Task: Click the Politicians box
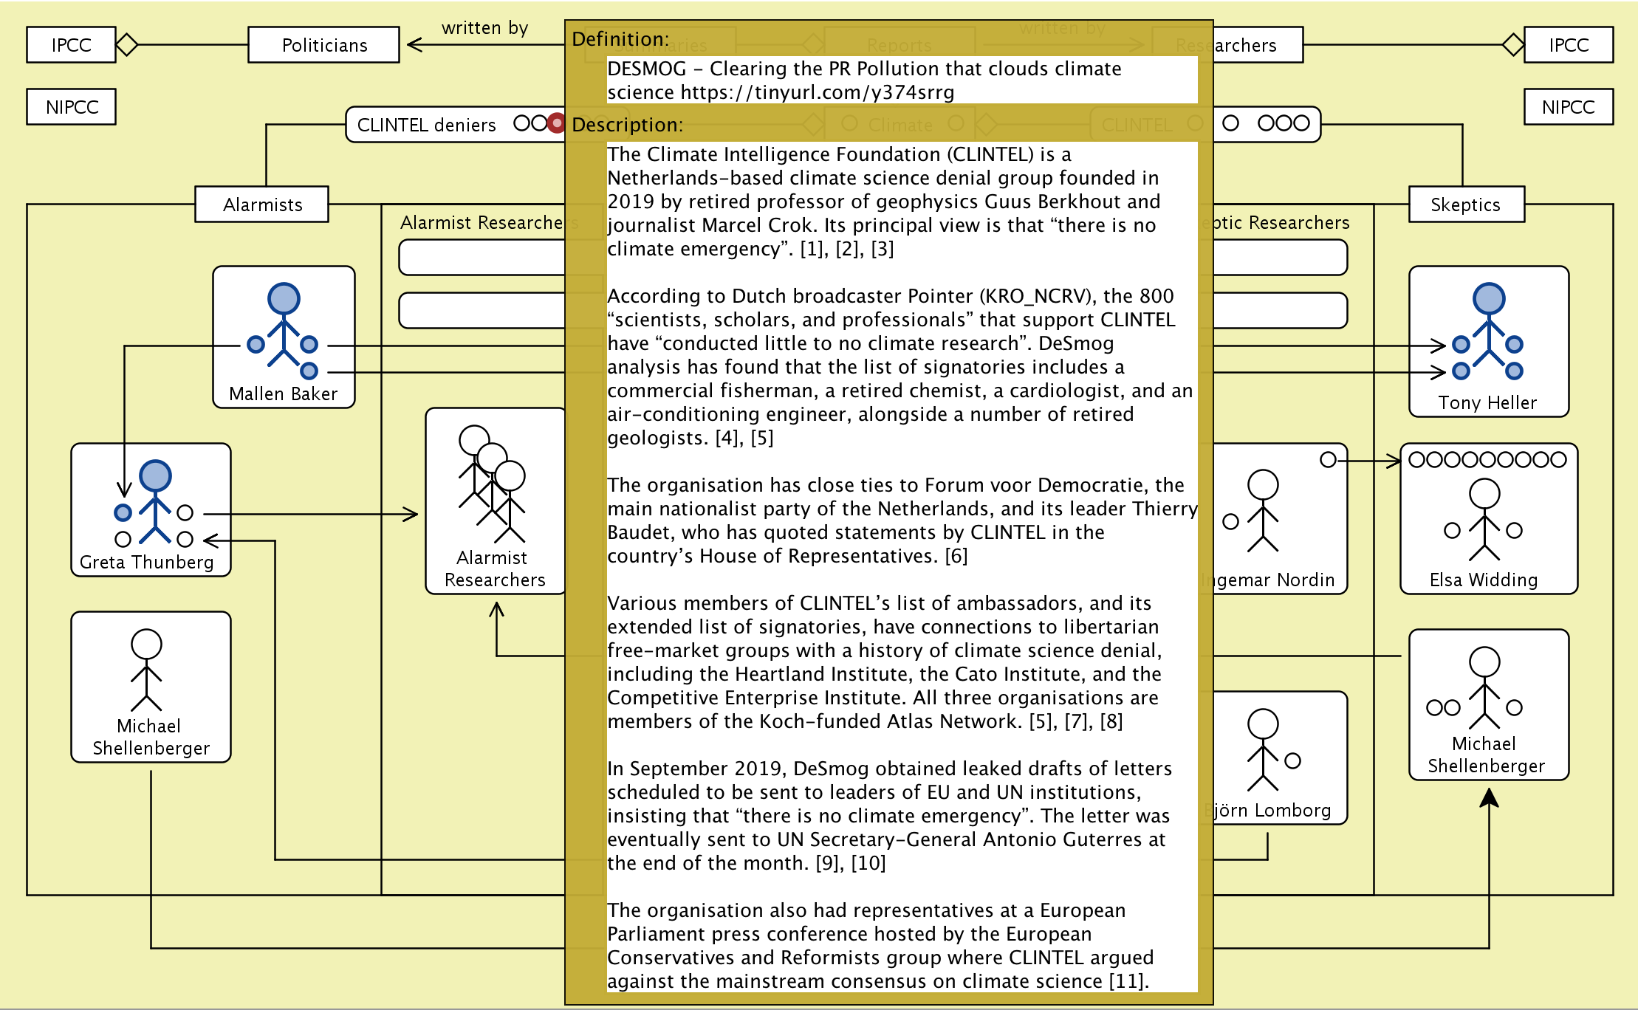tap(323, 45)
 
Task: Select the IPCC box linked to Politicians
tap(71, 45)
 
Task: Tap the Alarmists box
tap(262, 205)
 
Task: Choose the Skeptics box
tap(1465, 205)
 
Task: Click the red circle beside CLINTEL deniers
tap(557, 123)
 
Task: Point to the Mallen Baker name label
tap(283, 394)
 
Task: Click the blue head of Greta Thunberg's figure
tap(155, 476)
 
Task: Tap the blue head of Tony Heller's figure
tap(1488, 298)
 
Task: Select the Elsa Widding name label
tap(1483, 580)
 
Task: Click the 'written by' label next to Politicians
tap(484, 28)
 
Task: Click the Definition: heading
tap(620, 39)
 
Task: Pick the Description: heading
tap(627, 125)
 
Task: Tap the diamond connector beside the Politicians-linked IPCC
tap(127, 45)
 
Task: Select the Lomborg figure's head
tap(1263, 724)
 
